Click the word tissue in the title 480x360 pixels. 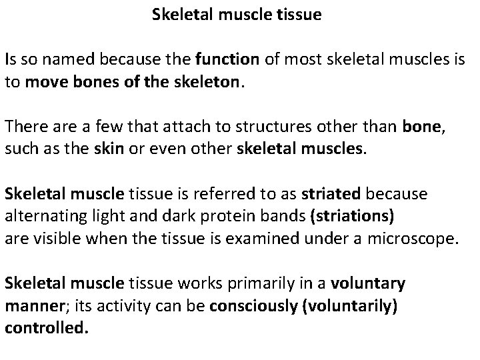299,15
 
